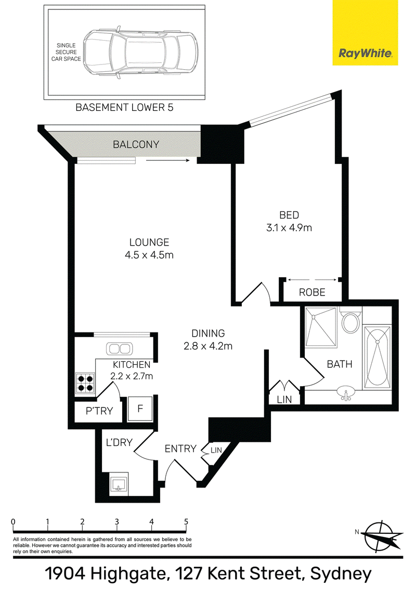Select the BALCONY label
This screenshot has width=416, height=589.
pyautogui.click(x=136, y=144)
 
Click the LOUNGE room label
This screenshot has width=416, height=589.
pyautogui.click(x=149, y=242)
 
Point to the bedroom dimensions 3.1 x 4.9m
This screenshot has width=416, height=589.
pyautogui.click(x=289, y=227)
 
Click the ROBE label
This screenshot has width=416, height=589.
pyautogui.click(x=312, y=292)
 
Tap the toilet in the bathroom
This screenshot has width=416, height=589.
pyautogui.click(x=350, y=319)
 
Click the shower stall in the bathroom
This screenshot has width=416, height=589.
pyautogui.click(x=321, y=327)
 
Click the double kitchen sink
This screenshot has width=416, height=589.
pyautogui.click(x=120, y=349)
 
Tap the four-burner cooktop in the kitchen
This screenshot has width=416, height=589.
pyautogui.click(x=85, y=383)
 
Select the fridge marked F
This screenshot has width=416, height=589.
pyautogui.click(x=140, y=408)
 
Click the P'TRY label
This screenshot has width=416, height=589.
pyautogui.click(x=99, y=411)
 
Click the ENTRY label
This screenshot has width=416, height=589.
pyautogui.click(x=180, y=449)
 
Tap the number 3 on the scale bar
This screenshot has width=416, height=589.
pyautogui.click(x=117, y=522)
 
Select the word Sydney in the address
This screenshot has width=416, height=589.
pyautogui.click(x=341, y=573)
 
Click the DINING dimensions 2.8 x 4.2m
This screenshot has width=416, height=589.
pyautogui.click(x=208, y=346)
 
